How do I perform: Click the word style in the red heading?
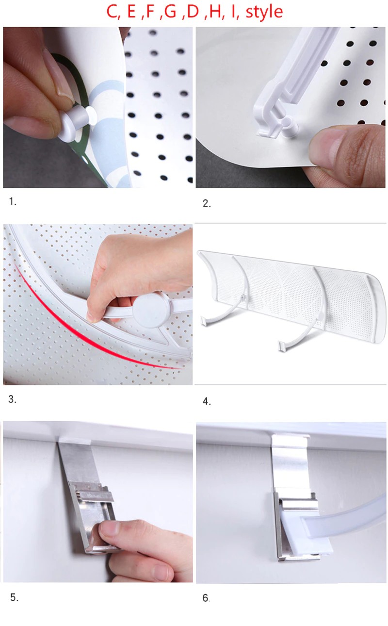coord(264,12)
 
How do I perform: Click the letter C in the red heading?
coord(113,12)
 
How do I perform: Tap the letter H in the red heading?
coord(214,12)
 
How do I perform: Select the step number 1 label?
coord(13,201)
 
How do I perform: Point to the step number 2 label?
coord(207,203)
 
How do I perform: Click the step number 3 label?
coord(12,399)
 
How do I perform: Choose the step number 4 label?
coord(207,401)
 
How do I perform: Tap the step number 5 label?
coord(14,597)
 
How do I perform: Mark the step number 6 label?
coord(206,598)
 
